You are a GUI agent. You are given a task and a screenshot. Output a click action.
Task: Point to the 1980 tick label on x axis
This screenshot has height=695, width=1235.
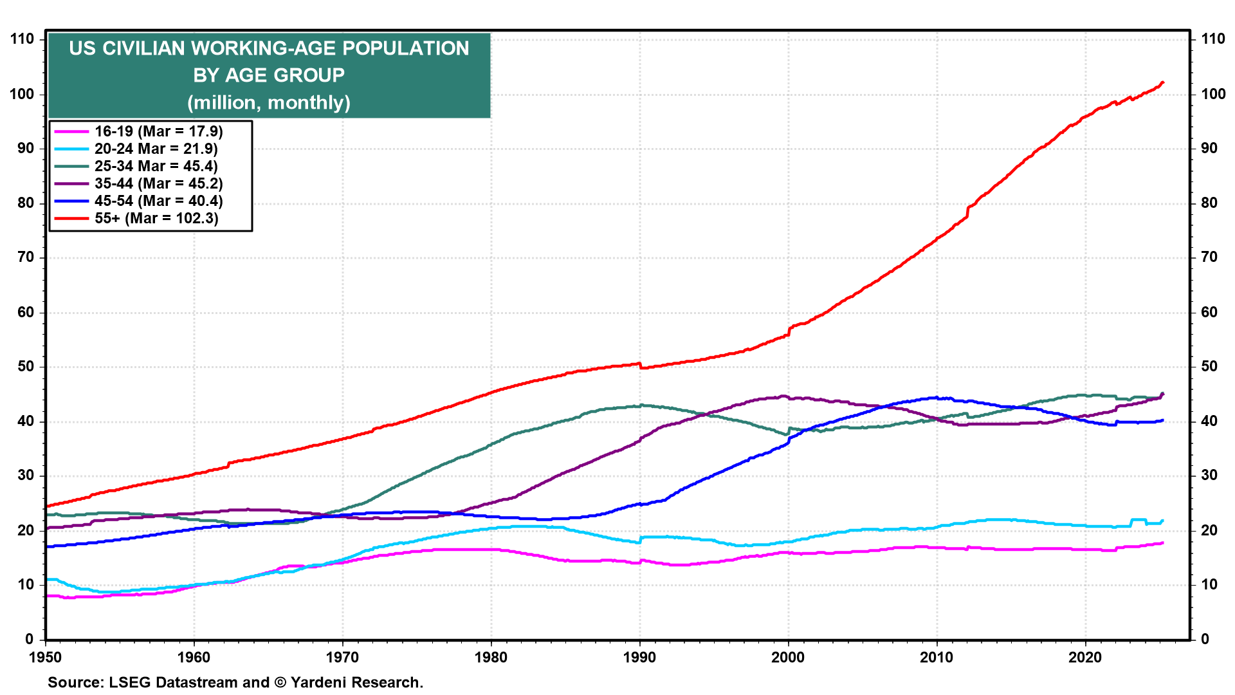491,657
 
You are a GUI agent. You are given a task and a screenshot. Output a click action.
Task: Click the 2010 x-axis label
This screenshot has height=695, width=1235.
937,657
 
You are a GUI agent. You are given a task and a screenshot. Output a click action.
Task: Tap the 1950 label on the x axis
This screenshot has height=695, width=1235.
46,657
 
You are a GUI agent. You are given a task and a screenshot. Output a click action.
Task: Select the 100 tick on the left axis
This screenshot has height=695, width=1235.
23,94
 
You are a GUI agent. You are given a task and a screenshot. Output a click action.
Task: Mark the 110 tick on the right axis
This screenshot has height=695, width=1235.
1213,39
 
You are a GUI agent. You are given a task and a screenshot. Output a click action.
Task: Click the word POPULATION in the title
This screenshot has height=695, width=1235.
405,48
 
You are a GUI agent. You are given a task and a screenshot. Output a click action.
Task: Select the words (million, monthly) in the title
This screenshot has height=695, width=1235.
269,102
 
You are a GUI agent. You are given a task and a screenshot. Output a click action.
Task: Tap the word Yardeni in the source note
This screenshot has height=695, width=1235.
320,682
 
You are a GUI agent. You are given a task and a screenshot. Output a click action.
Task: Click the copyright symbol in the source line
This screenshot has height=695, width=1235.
280,682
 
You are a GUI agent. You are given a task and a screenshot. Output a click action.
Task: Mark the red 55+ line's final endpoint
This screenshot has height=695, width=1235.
1162,82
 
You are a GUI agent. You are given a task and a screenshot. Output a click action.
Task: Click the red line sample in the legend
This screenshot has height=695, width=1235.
71,218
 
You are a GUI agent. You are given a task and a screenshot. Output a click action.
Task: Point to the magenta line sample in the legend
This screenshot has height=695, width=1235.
71,131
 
